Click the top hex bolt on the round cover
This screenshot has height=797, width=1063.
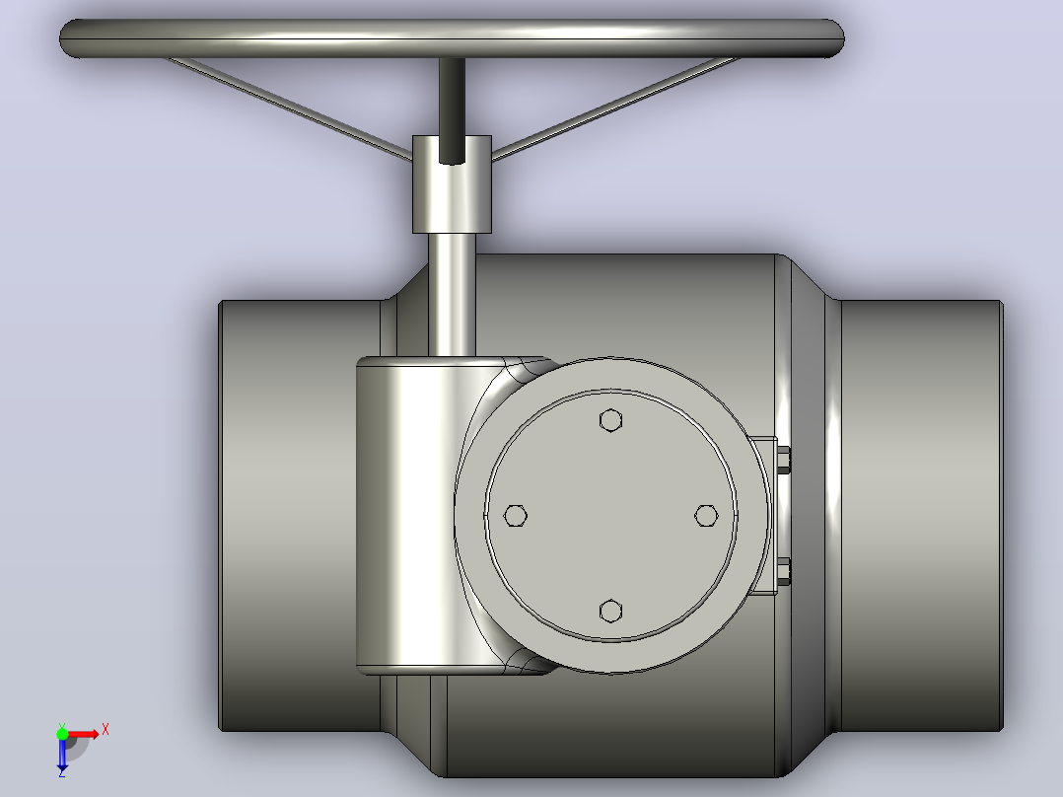610,420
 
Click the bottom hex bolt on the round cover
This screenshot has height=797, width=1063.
610,611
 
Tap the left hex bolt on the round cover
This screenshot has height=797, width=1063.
515,516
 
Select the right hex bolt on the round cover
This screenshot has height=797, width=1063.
706,516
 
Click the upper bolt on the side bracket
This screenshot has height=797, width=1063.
783,460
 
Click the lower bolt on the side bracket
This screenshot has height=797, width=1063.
783,570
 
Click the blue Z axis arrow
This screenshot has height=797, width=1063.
62,754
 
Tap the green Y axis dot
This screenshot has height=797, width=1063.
62,734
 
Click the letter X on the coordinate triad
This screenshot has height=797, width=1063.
106,730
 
